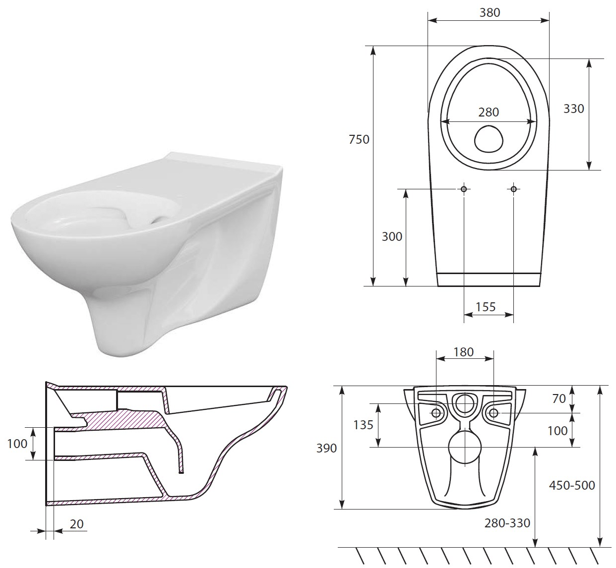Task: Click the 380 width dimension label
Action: (490, 12)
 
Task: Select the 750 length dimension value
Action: (359, 139)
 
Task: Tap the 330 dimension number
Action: (573, 109)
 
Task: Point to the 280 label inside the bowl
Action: (489, 112)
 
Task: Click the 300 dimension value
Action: (392, 236)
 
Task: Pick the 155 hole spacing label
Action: (486, 307)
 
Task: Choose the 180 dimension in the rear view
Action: (463, 352)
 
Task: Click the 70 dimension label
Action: (559, 398)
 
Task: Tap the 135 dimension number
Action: (363, 425)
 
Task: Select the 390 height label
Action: (326, 448)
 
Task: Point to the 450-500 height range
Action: (572, 485)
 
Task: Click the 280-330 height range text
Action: (507, 523)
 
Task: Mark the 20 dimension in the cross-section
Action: (76, 524)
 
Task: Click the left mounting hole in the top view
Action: (464, 189)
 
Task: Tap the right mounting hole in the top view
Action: (513, 189)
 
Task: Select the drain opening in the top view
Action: (489, 139)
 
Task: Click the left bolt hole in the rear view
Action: (436, 413)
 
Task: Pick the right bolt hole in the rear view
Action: (493, 413)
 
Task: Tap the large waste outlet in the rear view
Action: (465, 447)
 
